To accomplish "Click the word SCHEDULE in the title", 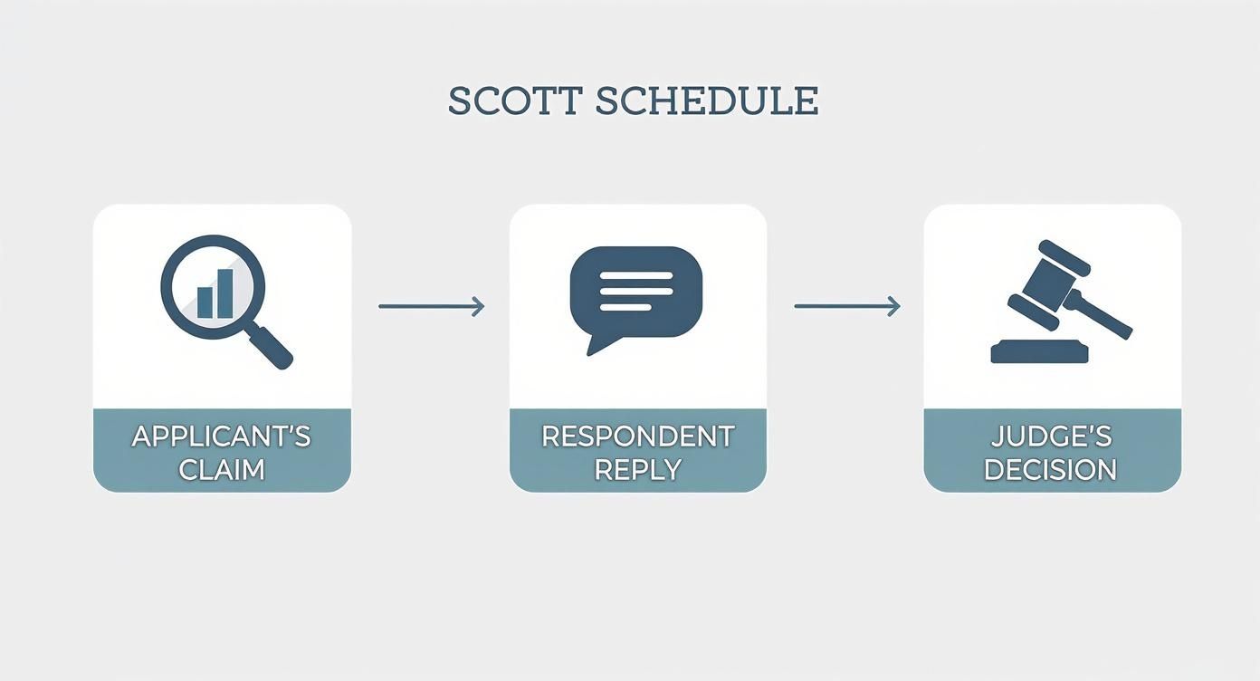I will tap(707, 101).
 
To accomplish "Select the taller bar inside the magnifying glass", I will tap(224, 293).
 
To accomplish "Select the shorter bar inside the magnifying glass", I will tap(205, 302).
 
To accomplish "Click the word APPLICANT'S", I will tap(222, 436).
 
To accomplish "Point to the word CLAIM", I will tap(222, 470).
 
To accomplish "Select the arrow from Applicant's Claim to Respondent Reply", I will tap(431, 307).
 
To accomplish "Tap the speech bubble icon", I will tap(636, 292).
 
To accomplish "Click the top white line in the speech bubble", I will tap(636, 275).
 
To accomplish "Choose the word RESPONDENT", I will tap(637, 436).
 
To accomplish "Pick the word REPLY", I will tap(637, 470).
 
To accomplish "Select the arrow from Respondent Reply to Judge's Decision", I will tap(846, 307).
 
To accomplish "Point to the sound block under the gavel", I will tap(1038, 351).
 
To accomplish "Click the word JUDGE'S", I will tap(1051, 436).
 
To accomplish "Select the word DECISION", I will tap(1051, 470).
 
